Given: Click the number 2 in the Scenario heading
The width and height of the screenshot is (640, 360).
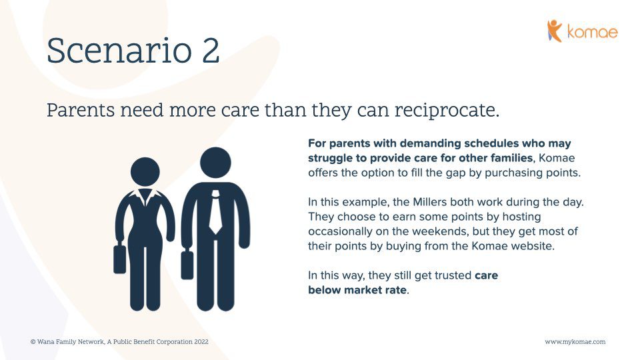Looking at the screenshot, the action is (210, 51).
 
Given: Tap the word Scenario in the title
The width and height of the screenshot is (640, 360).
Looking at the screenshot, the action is (119, 51).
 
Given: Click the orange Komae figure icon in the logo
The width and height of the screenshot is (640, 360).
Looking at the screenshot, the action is (555, 31).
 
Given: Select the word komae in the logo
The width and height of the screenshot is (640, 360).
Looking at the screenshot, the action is (592, 32).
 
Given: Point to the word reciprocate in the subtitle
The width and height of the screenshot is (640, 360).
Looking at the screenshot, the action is (447, 111).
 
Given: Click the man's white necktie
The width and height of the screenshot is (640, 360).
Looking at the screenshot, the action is (215, 212).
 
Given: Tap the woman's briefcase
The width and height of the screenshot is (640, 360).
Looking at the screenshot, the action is (119, 259).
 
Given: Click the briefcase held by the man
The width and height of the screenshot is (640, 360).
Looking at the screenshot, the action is (187, 265).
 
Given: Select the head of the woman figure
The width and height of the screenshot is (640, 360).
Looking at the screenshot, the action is (145, 172).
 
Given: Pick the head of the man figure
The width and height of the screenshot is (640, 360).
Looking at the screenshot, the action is (215, 163).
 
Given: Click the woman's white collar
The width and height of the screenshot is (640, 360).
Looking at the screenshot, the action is (145, 197).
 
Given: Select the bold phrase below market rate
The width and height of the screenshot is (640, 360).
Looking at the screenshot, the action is (358, 290).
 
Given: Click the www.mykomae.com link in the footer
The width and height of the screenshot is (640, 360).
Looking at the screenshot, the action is (575, 342).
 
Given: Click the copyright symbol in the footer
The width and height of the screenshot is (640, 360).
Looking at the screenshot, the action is (33, 341).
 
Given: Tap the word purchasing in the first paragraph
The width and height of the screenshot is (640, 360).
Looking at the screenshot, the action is (510, 173).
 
